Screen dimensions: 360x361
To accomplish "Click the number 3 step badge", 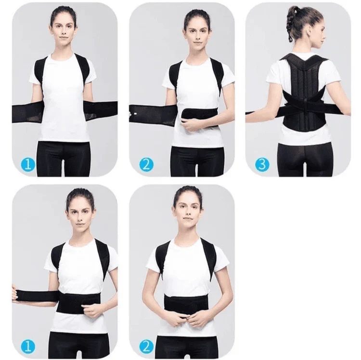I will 262,164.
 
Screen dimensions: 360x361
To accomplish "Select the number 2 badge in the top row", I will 146,164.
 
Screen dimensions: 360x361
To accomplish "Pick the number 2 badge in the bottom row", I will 146,346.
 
